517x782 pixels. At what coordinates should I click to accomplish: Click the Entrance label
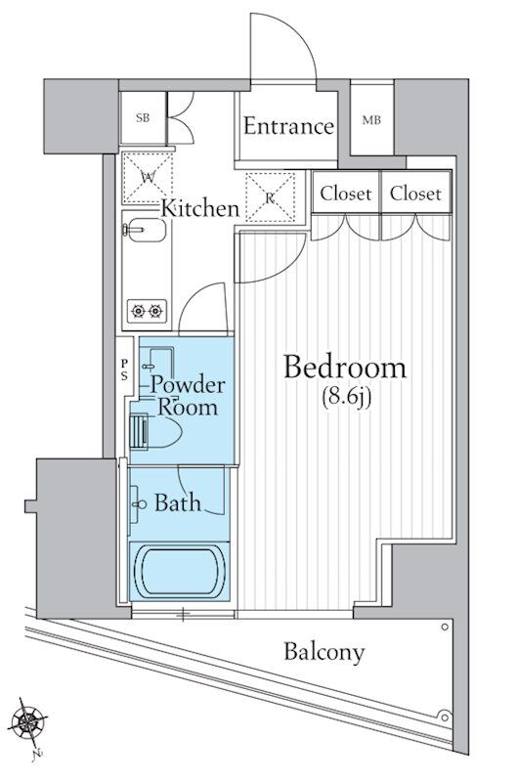288,126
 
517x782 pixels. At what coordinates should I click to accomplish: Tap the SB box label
143,118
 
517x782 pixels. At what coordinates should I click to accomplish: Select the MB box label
371,120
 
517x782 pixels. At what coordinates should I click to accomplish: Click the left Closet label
346,193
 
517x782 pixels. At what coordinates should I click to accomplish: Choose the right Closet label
415,193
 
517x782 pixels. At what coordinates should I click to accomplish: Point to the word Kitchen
200,208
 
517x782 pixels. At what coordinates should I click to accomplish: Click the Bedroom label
345,368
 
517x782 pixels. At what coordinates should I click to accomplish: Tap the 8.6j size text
346,398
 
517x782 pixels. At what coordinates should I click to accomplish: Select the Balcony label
324,652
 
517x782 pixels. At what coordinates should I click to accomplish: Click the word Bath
178,502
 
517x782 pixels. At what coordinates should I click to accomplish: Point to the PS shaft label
124,369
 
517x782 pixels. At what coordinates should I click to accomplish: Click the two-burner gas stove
147,311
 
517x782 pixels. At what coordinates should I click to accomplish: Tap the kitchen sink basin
144,230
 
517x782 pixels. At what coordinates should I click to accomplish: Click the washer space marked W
148,178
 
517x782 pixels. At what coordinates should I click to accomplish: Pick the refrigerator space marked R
270,197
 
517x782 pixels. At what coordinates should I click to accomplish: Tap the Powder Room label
188,396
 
